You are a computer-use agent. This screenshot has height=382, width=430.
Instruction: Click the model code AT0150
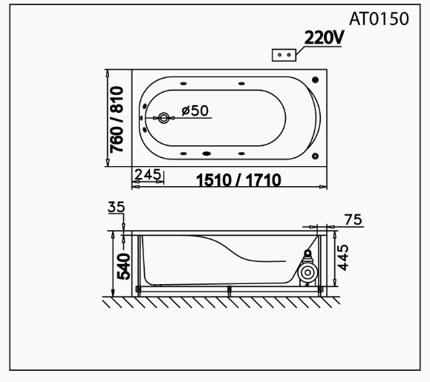click(x=379, y=20)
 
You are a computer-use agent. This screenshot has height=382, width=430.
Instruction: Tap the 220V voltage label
click(x=323, y=38)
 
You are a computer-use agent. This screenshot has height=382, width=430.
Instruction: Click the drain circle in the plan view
click(x=163, y=118)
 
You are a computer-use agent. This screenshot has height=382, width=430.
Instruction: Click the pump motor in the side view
click(x=305, y=272)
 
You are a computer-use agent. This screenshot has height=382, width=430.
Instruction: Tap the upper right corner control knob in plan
click(x=316, y=80)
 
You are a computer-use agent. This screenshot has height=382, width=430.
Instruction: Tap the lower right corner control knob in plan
click(x=316, y=156)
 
